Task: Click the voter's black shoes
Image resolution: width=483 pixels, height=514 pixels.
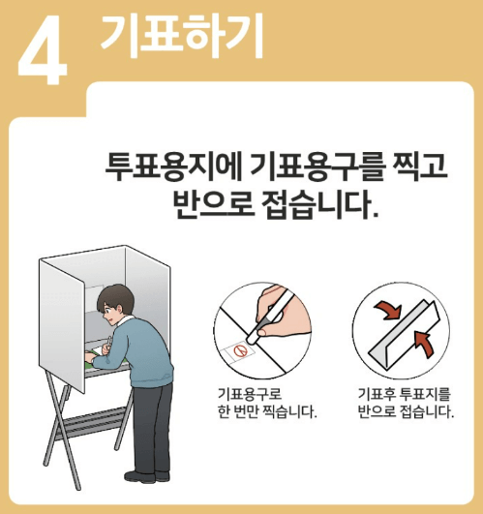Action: pyautogui.click(x=145, y=474)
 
